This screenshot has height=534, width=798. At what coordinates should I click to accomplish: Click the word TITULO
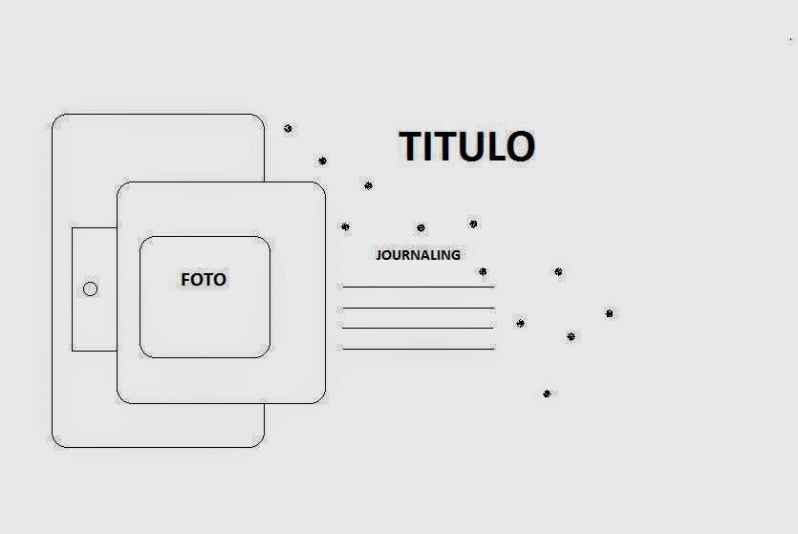[466, 146]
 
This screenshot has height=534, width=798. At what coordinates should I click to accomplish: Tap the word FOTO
[204, 280]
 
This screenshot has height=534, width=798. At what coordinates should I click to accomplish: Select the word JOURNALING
[418, 255]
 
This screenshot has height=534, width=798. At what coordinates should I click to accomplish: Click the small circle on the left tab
[90, 288]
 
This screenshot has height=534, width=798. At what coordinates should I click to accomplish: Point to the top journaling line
[418, 287]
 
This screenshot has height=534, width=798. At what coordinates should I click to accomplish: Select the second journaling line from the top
[418, 308]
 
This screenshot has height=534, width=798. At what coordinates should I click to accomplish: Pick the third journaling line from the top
[418, 328]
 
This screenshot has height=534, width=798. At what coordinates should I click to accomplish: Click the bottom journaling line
[418, 349]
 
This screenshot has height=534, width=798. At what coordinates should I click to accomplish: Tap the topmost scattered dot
[288, 128]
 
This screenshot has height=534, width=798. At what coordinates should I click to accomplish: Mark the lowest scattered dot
[547, 394]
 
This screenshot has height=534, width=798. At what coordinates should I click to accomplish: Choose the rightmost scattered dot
[609, 313]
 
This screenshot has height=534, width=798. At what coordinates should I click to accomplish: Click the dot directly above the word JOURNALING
[421, 228]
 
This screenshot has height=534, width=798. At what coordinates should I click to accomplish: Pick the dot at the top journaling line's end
[483, 272]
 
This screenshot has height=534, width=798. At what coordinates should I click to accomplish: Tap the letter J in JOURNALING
[378, 255]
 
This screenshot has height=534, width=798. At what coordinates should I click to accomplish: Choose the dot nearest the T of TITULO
[368, 185]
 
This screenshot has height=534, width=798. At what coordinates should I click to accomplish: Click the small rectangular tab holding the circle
[95, 288]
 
